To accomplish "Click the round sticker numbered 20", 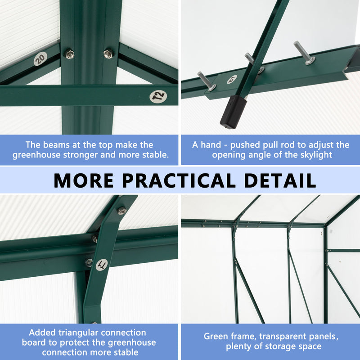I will [40, 58].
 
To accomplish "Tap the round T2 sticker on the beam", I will [158, 96].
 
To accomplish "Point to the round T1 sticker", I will [103, 265].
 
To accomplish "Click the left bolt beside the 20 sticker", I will [69, 54].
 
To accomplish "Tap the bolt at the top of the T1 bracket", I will [121, 210].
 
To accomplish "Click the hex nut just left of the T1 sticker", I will [89, 262].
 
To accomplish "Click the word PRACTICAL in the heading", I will [180, 180].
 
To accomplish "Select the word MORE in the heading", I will [84, 180].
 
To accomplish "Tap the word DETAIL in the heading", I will [280, 180].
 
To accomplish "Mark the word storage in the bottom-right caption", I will [281, 346].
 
